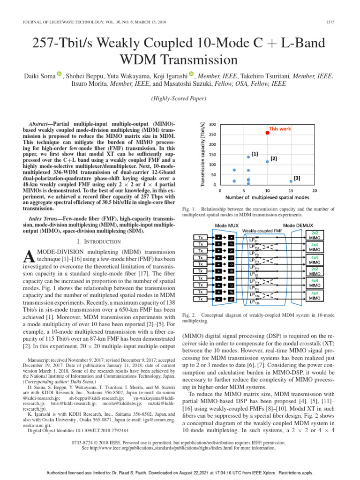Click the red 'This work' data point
pos(267,133)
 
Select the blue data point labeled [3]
pos(291,181)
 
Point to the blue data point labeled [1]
pos(248,157)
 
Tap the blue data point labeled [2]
pos(267,162)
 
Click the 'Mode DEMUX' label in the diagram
pos(295,226)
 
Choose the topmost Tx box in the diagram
pos(200,237)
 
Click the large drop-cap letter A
pos(29,256)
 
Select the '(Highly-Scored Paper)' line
pos(180,99)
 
